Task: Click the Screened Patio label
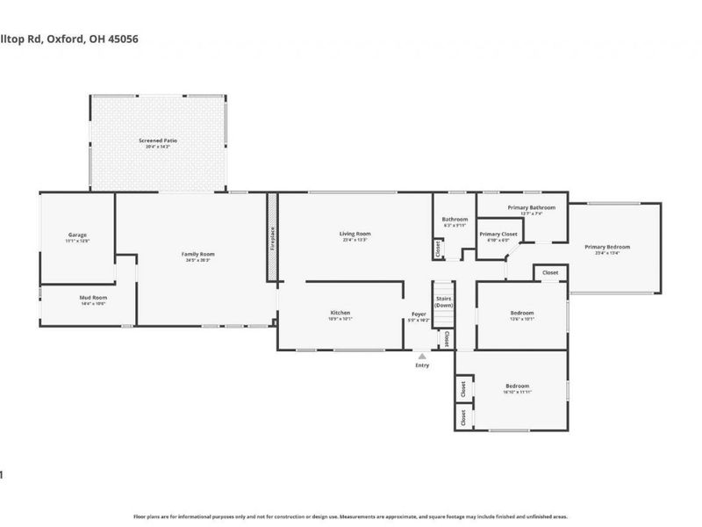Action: click(158, 141)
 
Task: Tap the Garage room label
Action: click(78, 235)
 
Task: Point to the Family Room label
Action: click(199, 255)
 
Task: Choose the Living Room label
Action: click(355, 234)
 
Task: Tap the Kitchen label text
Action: click(340, 313)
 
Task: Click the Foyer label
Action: click(419, 314)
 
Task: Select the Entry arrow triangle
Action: click(422, 356)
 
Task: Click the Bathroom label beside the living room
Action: click(455, 220)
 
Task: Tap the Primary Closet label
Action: click(498, 235)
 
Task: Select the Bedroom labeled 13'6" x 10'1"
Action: click(523, 314)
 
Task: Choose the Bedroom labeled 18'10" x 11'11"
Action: click(517, 386)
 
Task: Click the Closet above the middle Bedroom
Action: click(550, 273)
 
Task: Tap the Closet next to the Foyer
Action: click(446, 337)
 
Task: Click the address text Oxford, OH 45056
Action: click(97, 39)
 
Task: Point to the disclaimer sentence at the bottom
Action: click(351, 516)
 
